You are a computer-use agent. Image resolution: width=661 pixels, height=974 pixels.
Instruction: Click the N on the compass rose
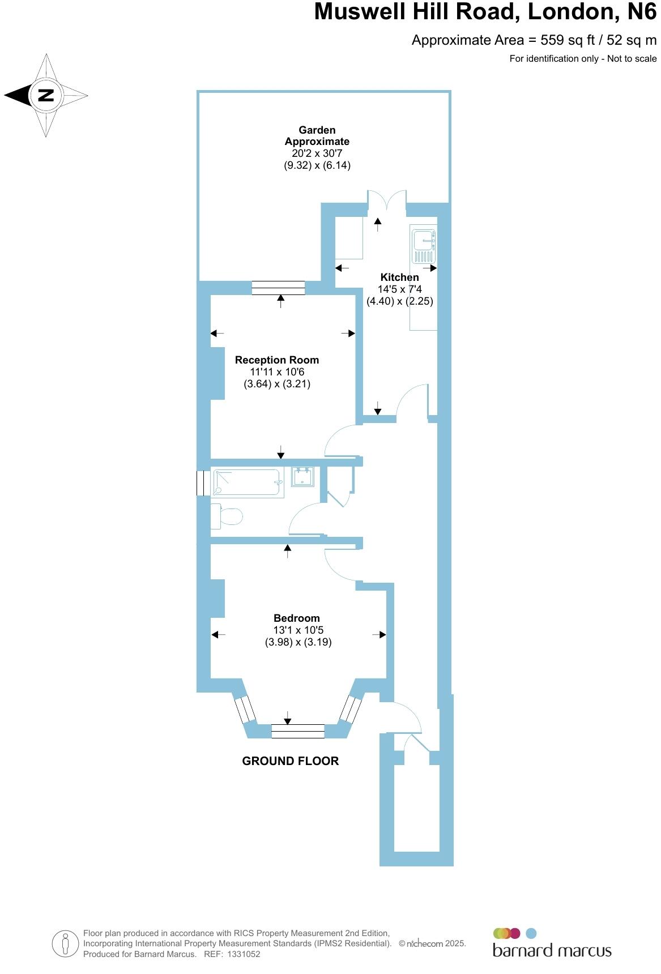point(45,95)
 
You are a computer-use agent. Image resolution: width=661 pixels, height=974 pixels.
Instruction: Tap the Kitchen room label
point(399,277)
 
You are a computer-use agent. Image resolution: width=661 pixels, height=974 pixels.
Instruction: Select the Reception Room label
point(276,360)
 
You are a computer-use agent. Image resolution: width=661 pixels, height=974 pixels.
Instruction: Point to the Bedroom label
point(296,618)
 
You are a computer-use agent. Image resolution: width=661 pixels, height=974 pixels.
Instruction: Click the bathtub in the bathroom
point(248,483)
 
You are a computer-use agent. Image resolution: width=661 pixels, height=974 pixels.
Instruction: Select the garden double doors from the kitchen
point(387,202)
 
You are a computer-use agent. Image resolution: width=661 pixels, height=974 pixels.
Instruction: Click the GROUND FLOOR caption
point(290,761)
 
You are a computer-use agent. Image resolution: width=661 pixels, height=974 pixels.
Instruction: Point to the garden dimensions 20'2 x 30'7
point(317,153)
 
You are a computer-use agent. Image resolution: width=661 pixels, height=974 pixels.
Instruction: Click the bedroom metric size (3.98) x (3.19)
point(298,642)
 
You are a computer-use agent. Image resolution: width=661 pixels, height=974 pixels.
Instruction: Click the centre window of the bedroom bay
point(297,731)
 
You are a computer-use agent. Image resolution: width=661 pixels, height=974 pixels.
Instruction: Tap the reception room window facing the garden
point(278,288)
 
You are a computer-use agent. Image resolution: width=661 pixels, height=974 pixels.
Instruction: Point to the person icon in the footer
point(66,943)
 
